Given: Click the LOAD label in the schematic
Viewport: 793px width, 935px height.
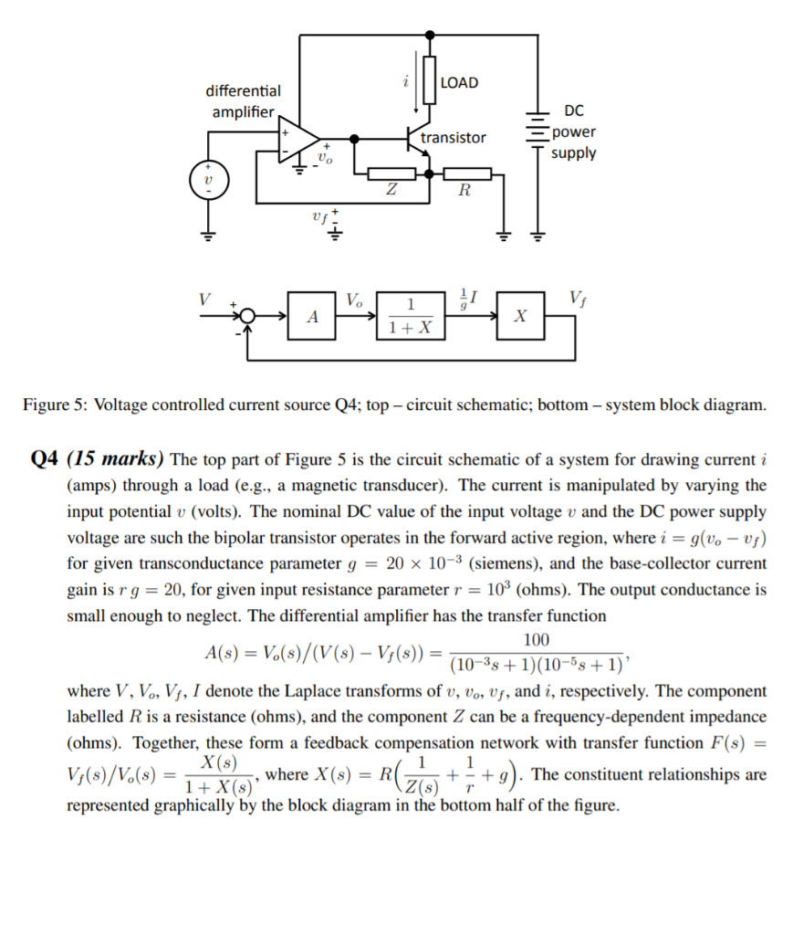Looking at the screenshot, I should (458, 83).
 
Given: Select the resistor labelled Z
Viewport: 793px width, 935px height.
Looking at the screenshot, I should (391, 173).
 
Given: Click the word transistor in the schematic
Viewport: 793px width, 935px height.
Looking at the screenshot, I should (454, 138).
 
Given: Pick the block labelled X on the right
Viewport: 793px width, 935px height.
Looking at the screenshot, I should (520, 316).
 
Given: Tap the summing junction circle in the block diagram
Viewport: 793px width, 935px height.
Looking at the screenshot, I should (245, 316).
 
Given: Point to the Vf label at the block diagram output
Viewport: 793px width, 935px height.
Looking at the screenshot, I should (577, 296).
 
